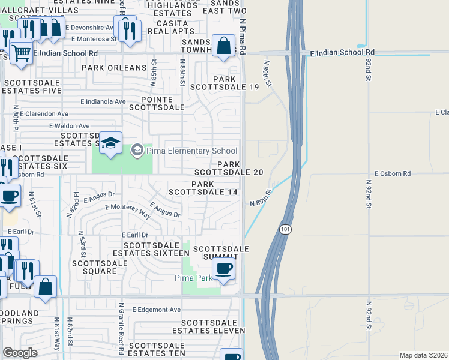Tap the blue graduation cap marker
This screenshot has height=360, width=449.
(110, 144)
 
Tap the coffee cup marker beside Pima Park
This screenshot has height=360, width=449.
(223, 269)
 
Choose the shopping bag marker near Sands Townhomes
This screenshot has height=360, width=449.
(223, 46)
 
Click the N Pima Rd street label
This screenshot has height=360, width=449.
(243, 37)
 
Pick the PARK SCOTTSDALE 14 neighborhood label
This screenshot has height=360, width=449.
(203, 188)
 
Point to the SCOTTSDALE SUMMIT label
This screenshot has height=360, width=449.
(220, 253)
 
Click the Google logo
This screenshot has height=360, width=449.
(20, 353)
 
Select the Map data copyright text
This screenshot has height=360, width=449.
(423, 355)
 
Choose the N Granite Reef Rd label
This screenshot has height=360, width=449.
(122, 330)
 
